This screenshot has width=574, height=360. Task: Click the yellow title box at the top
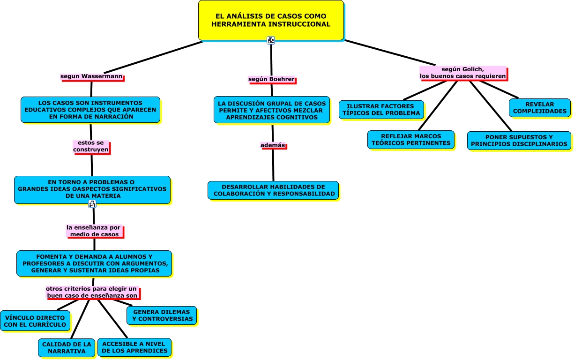point(271,20)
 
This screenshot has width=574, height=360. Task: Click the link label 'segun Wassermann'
point(91,76)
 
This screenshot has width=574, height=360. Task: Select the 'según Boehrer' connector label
point(272,79)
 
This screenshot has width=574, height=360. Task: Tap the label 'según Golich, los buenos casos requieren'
point(462,73)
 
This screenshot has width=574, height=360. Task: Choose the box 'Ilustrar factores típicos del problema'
point(381,110)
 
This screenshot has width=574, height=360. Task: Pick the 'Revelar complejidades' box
point(540,108)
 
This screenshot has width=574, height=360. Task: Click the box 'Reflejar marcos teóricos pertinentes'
point(411,140)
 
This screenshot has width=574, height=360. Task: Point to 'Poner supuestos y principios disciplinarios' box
point(519,141)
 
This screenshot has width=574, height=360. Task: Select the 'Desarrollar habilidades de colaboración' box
point(273,190)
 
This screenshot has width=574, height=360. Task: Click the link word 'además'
point(273,145)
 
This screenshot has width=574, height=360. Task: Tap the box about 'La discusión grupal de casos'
point(272,110)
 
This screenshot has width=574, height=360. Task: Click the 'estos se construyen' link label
point(91,146)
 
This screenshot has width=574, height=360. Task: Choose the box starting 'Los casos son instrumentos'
point(90,110)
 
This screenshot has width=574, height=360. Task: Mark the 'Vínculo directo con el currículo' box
point(35,321)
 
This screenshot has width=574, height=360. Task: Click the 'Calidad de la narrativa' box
point(67,347)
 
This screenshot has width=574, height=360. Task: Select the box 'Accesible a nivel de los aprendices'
point(134,347)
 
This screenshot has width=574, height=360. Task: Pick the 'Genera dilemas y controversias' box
point(162,315)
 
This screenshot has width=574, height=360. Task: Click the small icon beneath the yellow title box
point(271,40)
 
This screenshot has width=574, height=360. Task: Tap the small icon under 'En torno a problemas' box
point(92,204)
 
